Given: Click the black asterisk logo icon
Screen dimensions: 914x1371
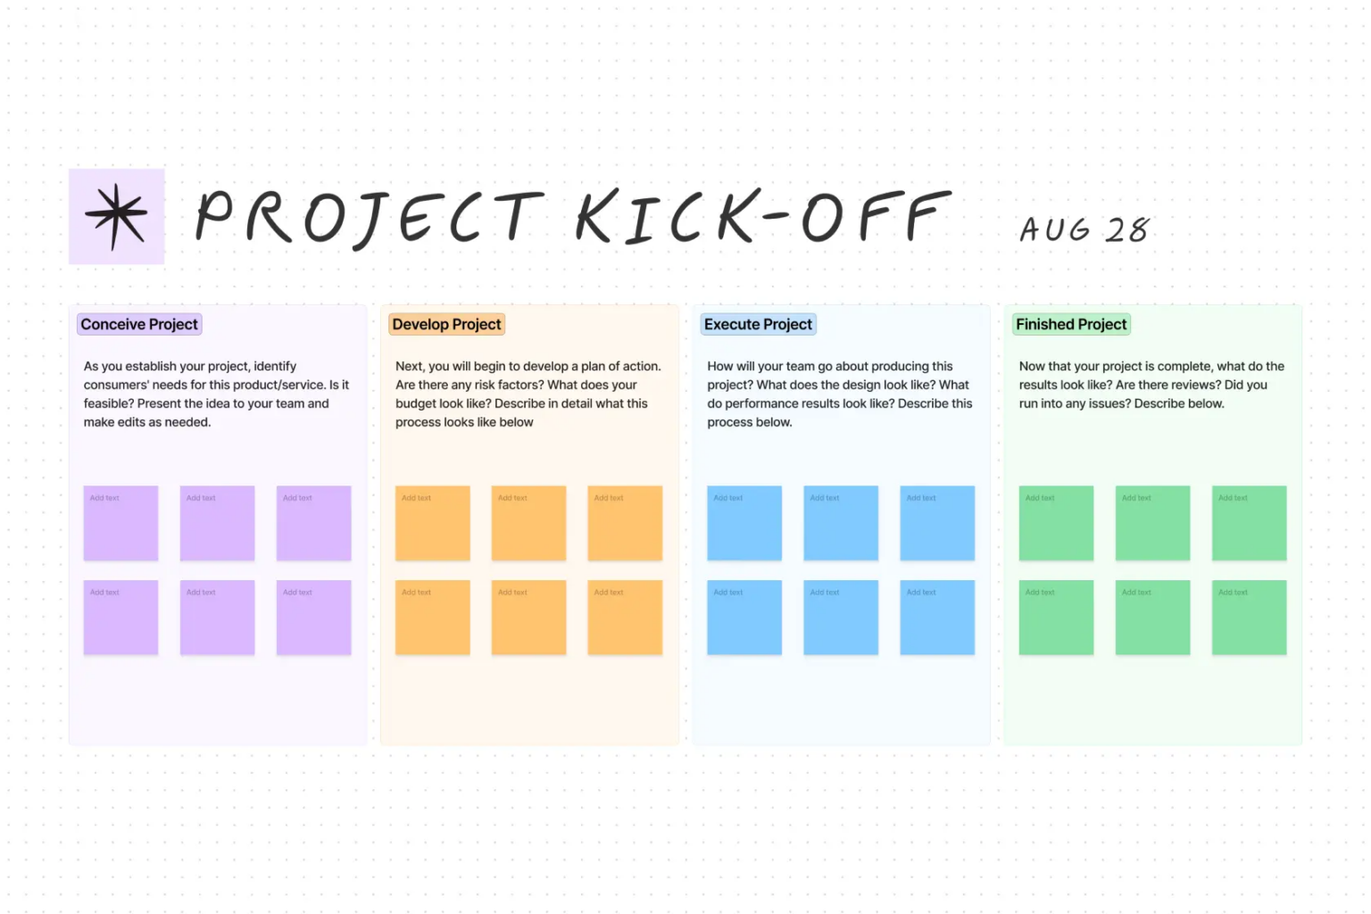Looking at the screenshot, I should [116, 216].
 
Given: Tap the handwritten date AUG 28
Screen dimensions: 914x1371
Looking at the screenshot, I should [1084, 229].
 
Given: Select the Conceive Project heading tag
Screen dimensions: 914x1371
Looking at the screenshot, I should [139, 324].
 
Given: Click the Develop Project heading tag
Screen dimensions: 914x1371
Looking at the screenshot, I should [446, 324].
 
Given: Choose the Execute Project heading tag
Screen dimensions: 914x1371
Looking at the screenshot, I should [758, 324].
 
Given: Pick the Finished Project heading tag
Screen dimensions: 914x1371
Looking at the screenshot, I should [1071, 324].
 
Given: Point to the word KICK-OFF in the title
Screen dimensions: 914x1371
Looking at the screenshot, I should [763, 217].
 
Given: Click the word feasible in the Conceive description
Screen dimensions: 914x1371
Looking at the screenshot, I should [107, 403].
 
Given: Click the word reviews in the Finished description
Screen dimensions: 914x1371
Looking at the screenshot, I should [1192, 385].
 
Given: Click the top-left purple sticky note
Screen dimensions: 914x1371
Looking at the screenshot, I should [120, 523].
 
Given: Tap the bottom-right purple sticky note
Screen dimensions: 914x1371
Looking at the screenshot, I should [313, 618].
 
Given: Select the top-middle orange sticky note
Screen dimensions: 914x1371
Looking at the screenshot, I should [528, 523].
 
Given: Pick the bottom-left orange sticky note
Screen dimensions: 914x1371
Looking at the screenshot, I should [432, 618].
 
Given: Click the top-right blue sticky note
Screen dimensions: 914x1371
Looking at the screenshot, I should [937, 523].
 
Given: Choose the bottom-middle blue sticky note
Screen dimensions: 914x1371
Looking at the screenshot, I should [841, 618].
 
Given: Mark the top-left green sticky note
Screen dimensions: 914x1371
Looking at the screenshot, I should [1056, 523].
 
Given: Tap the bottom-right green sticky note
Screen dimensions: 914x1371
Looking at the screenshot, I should [1249, 618].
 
